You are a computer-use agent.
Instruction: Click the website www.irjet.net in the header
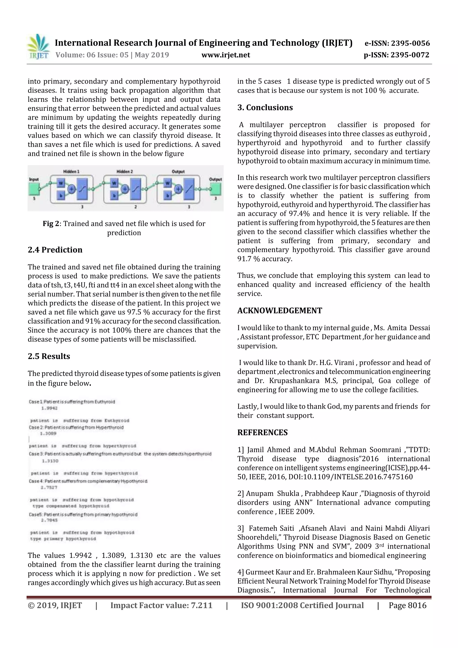225,55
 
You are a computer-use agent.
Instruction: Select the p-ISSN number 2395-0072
410,55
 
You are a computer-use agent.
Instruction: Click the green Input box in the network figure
34,189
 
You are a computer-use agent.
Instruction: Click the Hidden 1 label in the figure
71,171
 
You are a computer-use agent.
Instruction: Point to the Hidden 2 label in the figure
124,171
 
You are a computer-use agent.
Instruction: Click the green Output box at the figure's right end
216,189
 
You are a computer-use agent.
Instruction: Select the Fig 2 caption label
51,223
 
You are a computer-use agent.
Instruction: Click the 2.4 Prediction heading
55,250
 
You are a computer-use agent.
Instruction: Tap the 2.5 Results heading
49,356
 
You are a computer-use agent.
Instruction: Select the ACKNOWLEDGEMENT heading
279,310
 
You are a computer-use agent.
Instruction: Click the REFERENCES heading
263,432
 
